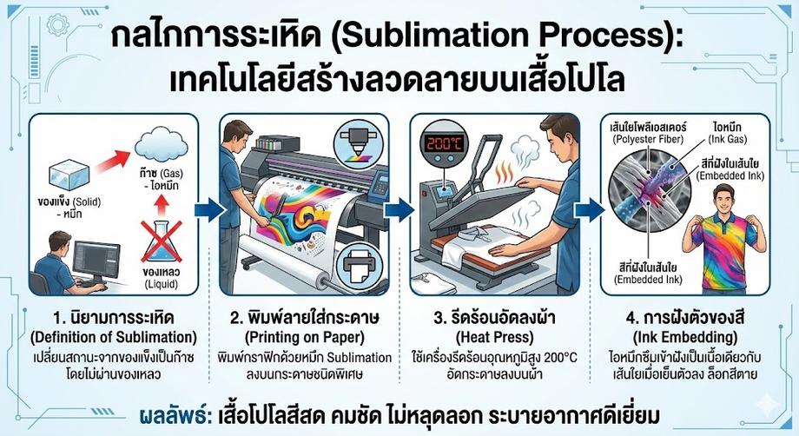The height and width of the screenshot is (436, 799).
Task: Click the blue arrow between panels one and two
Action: (x=206, y=208)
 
